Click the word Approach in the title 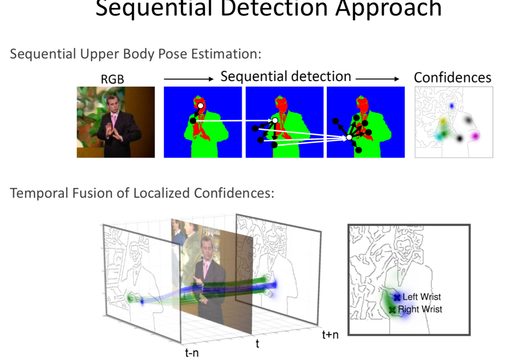click(388, 9)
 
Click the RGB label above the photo click(113, 79)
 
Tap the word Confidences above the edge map click(452, 77)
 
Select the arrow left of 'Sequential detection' click(188, 79)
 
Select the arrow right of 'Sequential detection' click(377, 79)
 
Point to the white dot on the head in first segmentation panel click(200, 106)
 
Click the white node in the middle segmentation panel click(275, 120)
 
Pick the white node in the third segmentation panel click(349, 137)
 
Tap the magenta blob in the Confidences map click(475, 136)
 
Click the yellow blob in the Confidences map click(443, 121)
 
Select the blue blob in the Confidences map click(452, 106)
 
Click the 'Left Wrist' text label click(422, 297)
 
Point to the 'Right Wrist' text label click(420, 309)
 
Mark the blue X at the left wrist click(397, 297)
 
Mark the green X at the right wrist click(392, 310)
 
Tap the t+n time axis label click(330, 335)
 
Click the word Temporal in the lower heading click(39, 193)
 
